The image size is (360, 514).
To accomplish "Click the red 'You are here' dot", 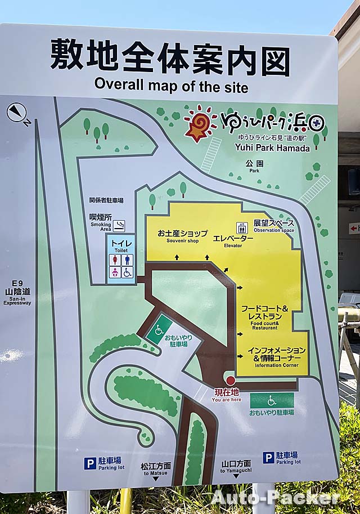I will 230,381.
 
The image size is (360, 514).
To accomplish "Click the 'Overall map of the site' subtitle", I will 171,86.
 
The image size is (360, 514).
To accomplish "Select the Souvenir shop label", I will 182,236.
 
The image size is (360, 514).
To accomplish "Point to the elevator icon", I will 242,228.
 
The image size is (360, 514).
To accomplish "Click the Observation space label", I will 273,226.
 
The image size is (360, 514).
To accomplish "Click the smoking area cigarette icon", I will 119,226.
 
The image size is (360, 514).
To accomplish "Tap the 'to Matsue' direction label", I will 156,470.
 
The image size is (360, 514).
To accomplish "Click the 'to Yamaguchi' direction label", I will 236,467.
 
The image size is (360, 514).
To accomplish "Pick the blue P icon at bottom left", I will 90,463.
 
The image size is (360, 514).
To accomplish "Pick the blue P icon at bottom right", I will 268,458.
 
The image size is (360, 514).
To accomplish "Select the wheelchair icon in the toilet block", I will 128,272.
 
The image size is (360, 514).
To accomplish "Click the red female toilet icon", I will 115,260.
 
